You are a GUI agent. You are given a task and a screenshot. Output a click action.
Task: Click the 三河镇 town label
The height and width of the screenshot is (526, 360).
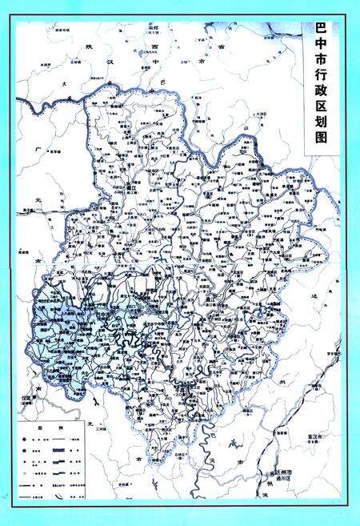[x=102, y=428]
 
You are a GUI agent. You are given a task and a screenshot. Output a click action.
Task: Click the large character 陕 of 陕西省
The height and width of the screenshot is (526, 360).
[x=89, y=46]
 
